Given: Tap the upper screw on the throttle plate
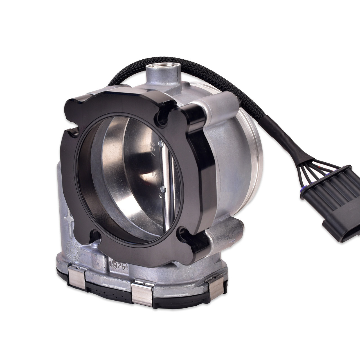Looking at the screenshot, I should click(160, 144).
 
